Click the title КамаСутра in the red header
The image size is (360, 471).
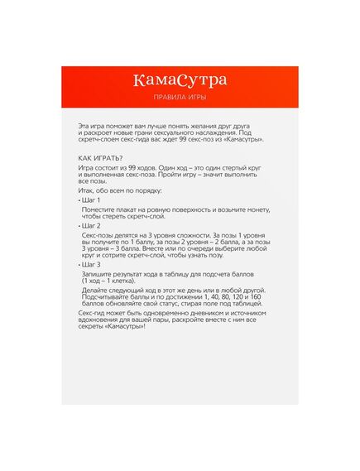[x=180, y=80]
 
